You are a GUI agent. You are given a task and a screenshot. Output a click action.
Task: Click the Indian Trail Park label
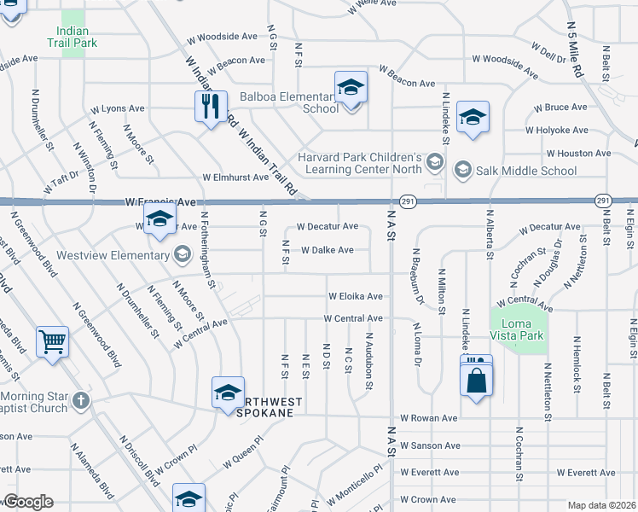point(73,36)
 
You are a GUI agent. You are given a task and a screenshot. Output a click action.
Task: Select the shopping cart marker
point(53,343)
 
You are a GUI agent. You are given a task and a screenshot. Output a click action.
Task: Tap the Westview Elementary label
point(113,255)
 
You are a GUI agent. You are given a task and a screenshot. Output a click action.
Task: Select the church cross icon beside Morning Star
point(80,400)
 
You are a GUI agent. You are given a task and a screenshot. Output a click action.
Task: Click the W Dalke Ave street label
point(328,250)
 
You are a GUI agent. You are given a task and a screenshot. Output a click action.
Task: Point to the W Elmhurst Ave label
point(235,177)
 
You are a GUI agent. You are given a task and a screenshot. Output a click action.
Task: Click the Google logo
point(28,502)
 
